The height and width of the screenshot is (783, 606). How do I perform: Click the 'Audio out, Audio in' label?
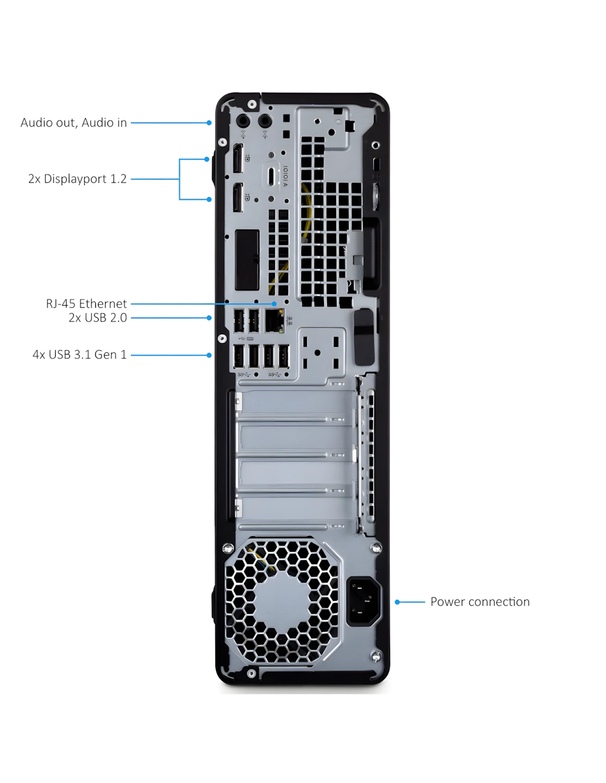click(x=73, y=123)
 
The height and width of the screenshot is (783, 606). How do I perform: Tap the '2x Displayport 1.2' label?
click(x=78, y=179)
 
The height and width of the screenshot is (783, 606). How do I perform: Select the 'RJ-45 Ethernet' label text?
click(x=86, y=304)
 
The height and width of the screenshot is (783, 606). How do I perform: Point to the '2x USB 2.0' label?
click(x=98, y=318)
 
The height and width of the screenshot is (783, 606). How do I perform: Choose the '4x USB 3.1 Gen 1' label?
click(x=80, y=355)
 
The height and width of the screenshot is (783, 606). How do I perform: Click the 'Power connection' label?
click(x=480, y=602)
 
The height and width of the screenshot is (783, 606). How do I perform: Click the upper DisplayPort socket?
click(x=238, y=159)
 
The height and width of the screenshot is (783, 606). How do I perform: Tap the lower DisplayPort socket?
click(x=238, y=198)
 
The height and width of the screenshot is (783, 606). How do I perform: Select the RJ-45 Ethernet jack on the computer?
click(x=274, y=320)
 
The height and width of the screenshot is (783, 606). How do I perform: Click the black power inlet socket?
click(x=363, y=601)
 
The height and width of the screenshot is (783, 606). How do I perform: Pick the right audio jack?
click(x=265, y=121)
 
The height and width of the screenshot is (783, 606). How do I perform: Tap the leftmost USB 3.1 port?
click(x=239, y=356)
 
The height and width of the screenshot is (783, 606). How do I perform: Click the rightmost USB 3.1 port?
click(x=284, y=356)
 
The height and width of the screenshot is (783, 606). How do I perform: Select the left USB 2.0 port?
click(x=239, y=320)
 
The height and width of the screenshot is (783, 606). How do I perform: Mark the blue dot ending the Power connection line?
click(x=397, y=602)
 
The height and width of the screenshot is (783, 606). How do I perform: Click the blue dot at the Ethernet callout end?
click(x=274, y=304)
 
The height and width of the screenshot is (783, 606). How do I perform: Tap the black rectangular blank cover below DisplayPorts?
click(x=247, y=260)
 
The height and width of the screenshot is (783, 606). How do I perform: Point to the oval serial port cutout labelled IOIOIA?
click(x=271, y=176)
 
